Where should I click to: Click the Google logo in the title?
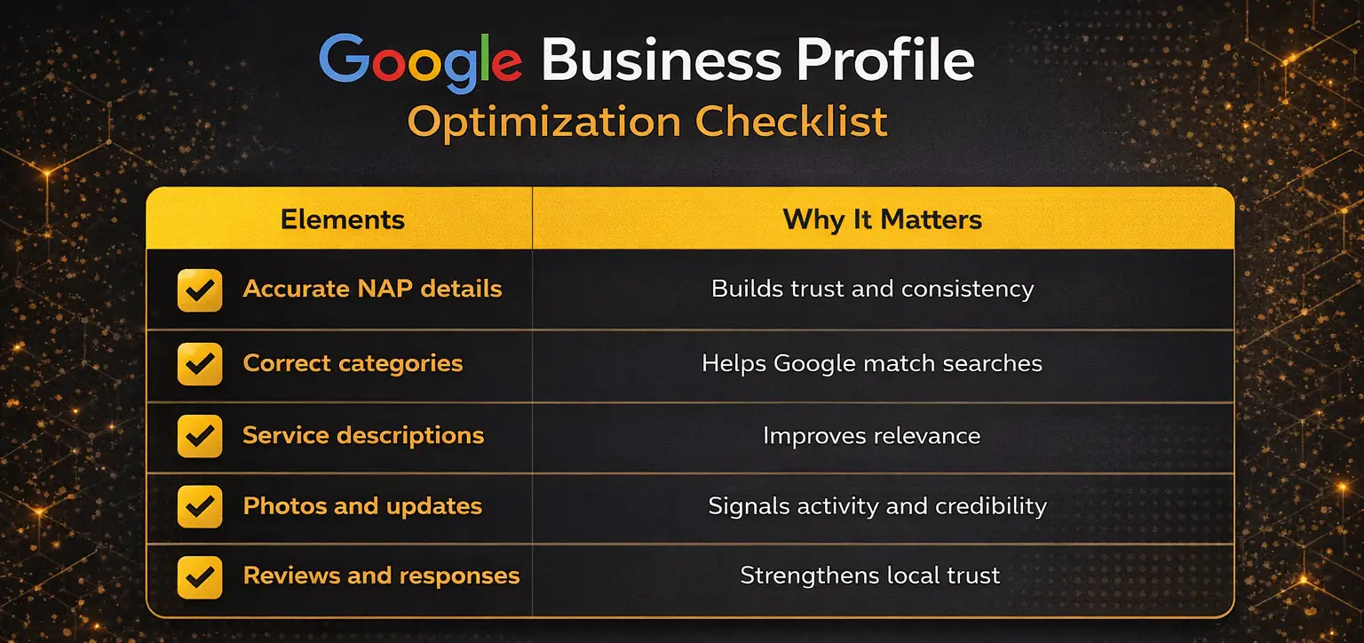[x=420, y=62]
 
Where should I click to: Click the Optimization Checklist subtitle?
[x=647, y=122]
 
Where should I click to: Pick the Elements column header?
[x=342, y=219]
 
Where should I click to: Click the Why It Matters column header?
[x=882, y=219]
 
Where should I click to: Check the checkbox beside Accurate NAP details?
[x=200, y=290]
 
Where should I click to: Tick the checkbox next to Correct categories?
[x=200, y=364]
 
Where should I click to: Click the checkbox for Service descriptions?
[x=200, y=436]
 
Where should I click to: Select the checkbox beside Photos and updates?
[x=200, y=506]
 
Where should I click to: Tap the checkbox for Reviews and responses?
[x=200, y=576]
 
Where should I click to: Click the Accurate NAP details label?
[x=372, y=289]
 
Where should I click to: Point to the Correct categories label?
[x=353, y=363]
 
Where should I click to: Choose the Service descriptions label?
[x=363, y=435]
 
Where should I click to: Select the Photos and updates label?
[x=362, y=506]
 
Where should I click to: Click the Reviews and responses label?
[x=381, y=576]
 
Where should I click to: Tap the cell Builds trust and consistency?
[x=872, y=289]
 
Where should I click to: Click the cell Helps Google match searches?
[x=871, y=363]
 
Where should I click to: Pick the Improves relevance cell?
[x=871, y=436]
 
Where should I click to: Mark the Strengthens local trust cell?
[x=869, y=576]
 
